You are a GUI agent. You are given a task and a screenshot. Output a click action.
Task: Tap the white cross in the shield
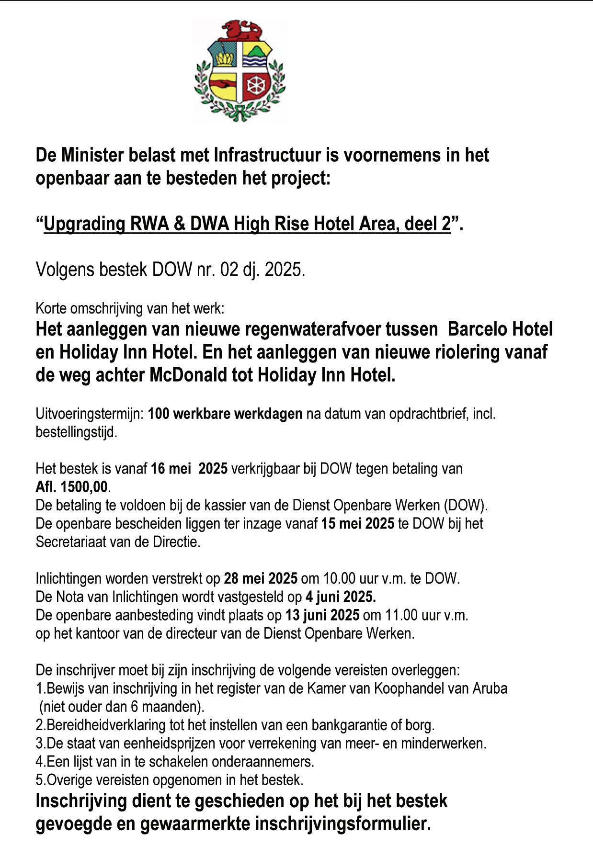click(x=239, y=71)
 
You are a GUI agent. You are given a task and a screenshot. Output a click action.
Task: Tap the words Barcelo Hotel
click(x=500, y=329)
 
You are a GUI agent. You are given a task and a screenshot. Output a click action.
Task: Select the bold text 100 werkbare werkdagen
click(x=225, y=414)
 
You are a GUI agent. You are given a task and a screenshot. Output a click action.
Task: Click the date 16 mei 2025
click(x=189, y=469)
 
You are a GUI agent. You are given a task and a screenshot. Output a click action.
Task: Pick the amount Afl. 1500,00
click(x=72, y=487)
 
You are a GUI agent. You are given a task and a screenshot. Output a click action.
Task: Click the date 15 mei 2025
click(x=358, y=524)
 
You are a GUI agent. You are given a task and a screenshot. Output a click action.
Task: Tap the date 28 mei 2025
click(x=261, y=579)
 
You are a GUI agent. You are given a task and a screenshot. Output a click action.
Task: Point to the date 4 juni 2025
click(x=341, y=597)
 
